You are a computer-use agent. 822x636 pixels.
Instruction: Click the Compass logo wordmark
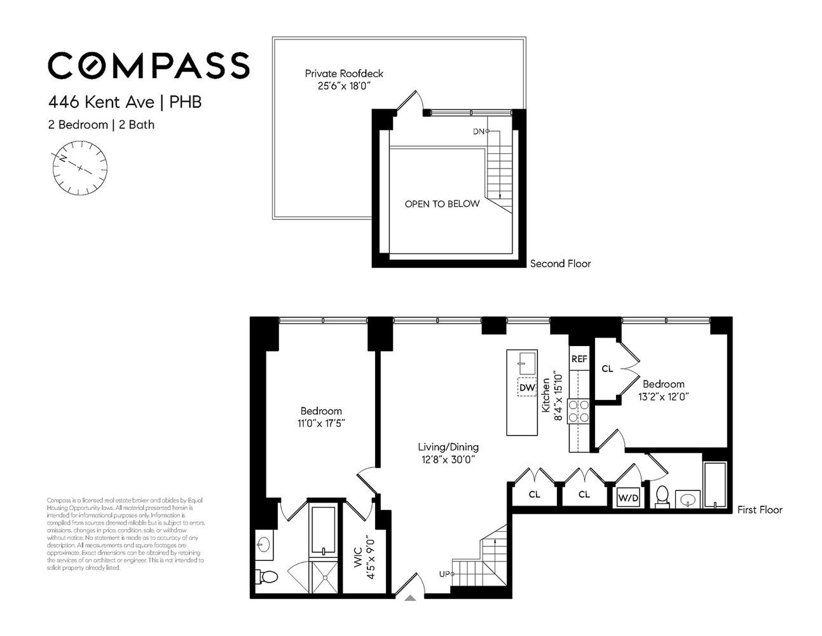point(149,66)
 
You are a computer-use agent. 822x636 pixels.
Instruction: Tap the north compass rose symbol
point(80,168)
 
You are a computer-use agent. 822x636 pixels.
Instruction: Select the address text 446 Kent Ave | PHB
point(125,102)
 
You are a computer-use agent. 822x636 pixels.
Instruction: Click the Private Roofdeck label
point(344,74)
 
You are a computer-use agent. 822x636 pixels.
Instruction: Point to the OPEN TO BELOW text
point(442,204)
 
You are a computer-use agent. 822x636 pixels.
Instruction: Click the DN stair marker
point(480,132)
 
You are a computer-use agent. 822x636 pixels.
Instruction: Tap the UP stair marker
point(445,574)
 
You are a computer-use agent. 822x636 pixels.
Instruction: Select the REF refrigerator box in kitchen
point(579,359)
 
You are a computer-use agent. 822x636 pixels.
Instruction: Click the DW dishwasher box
point(527,387)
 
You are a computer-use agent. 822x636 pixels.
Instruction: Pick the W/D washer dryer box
point(628,498)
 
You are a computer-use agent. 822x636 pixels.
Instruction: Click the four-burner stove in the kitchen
point(579,411)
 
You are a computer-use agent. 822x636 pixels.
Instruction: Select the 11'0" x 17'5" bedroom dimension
point(321,423)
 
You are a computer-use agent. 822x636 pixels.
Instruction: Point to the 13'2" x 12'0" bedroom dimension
point(664,396)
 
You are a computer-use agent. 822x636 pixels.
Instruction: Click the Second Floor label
point(560,263)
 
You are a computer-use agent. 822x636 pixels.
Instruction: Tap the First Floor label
point(760,509)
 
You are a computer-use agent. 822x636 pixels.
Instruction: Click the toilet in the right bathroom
point(662,496)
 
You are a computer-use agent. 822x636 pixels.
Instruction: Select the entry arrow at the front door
point(411,597)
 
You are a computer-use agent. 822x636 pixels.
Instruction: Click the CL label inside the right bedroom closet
point(607,369)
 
